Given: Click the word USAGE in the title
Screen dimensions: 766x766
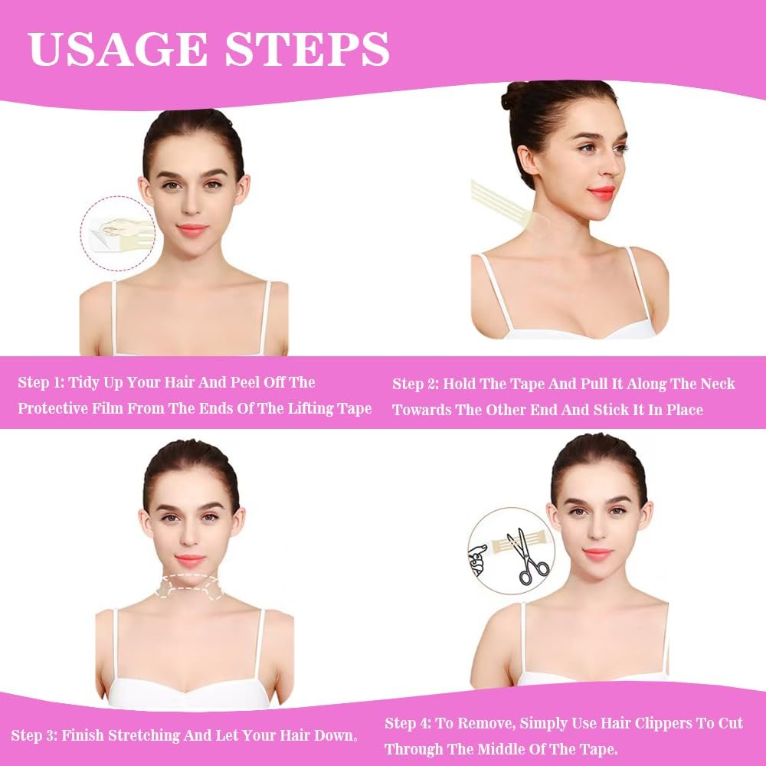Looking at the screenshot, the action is coord(118,49).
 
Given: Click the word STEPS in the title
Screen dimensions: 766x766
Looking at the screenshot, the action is coord(307,49).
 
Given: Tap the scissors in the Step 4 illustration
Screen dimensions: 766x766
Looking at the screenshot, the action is coord(527,556).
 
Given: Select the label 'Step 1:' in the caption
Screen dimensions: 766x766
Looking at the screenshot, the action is coord(41,382).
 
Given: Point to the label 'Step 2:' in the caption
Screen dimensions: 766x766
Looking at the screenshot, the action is coord(415,384).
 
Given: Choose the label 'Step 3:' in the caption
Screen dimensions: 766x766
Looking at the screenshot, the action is coord(34,735).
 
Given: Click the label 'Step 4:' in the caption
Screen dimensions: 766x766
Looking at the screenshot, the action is coord(408,723).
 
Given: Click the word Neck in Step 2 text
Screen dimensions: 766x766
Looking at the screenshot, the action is coord(718,384).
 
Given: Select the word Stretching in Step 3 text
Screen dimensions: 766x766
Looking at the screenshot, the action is coord(144,735).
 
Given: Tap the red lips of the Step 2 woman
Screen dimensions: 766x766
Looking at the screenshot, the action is coord(601,191).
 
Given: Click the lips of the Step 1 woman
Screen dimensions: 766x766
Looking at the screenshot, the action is coord(192,229).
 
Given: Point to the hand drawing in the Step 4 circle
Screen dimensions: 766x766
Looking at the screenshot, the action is coord(478,560).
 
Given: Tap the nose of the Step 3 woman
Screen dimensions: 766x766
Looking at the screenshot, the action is coord(189,538).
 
